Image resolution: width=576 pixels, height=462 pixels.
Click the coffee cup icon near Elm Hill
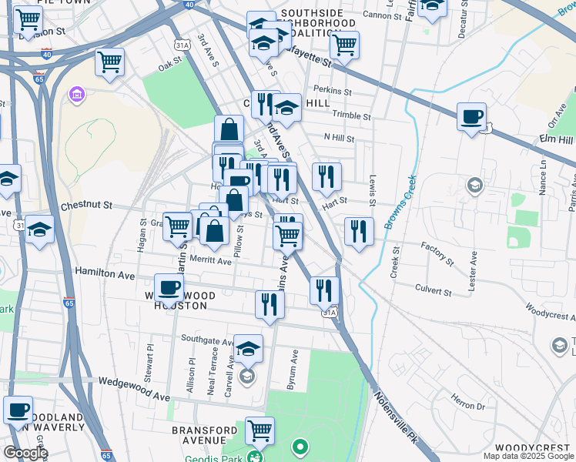tap(471, 118)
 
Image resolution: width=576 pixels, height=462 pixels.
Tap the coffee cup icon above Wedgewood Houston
tap(169, 289)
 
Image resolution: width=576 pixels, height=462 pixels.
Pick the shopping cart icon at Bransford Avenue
tap(260, 431)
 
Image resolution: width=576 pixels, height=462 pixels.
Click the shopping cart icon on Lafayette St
tap(344, 45)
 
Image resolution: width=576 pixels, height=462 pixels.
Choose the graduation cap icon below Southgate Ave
tap(249, 349)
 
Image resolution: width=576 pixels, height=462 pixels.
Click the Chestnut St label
tap(86, 206)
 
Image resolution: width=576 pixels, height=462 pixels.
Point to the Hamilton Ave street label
tap(105, 273)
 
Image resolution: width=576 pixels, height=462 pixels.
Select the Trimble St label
tap(351, 116)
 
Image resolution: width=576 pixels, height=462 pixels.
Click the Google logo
tap(25, 453)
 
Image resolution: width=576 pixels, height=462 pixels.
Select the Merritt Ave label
tap(210, 261)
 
